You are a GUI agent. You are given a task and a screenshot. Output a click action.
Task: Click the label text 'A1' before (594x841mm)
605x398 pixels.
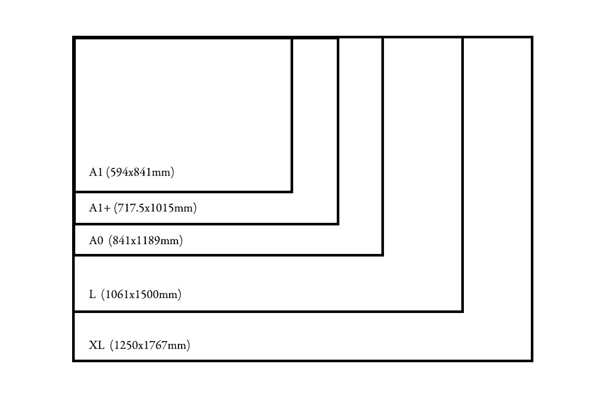point(95,173)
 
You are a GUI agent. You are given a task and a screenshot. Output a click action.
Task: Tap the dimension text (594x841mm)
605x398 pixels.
point(140,173)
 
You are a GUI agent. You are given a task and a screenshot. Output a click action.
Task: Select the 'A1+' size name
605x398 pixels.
point(99,208)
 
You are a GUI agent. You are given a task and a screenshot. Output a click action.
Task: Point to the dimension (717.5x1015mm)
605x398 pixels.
point(155,208)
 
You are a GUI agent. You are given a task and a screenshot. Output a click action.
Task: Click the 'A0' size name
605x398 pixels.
point(97,240)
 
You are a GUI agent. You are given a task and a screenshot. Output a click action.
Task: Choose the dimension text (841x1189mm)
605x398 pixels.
point(146,240)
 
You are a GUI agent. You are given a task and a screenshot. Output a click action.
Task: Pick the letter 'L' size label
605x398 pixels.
point(92,295)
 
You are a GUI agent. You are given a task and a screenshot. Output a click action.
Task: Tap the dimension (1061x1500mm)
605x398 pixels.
point(141,295)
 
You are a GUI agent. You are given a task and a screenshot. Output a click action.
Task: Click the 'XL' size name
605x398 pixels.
point(97,345)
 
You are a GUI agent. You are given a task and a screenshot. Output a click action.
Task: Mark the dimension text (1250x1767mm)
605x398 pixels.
point(150,345)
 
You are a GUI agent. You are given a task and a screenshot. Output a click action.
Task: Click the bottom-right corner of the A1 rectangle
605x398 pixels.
point(292,192)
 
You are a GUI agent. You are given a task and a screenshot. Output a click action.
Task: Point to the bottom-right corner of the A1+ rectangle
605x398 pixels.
point(338,224)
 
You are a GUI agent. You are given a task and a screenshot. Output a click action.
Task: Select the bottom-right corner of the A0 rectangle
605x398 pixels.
point(382,254)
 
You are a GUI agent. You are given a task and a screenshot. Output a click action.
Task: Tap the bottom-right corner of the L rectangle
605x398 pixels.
point(462,311)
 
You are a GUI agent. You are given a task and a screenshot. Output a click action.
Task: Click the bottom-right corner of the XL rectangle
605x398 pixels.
point(532,360)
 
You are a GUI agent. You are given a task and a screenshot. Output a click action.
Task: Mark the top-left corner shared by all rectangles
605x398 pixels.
point(74,38)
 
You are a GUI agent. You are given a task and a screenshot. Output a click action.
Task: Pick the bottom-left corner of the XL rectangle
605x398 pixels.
point(74,360)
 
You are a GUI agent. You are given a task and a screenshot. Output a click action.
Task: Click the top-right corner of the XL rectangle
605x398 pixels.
point(532,37)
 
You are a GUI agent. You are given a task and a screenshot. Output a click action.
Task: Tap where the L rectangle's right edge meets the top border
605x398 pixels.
point(462,37)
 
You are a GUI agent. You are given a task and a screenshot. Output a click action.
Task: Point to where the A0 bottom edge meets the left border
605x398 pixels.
point(74,254)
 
